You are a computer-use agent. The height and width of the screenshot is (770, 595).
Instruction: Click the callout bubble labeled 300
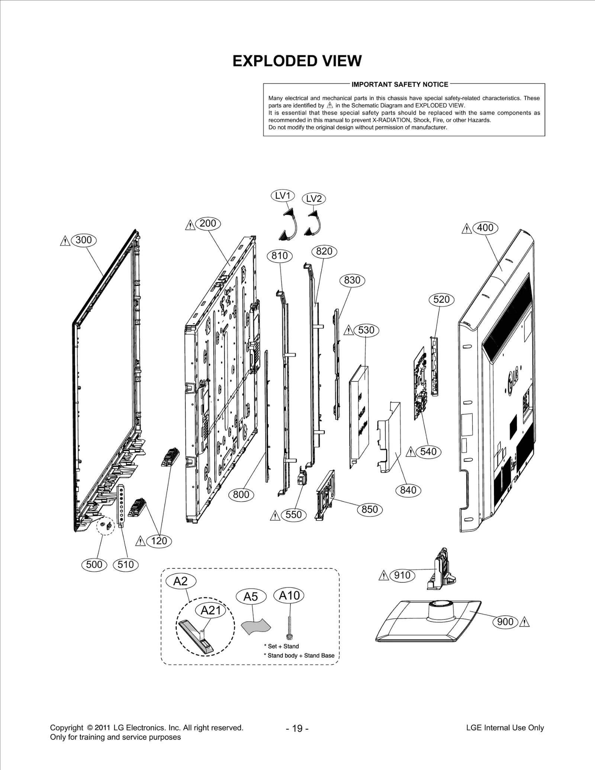[x=83, y=240]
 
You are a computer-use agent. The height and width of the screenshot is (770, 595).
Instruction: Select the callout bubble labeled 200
[x=208, y=223]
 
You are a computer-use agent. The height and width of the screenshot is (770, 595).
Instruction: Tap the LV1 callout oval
[x=283, y=196]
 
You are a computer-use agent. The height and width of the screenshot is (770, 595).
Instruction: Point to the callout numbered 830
[x=352, y=280]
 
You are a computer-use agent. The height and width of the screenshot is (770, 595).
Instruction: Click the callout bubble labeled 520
[x=441, y=299]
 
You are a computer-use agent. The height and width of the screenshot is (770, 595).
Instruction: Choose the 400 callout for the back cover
[x=485, y=228]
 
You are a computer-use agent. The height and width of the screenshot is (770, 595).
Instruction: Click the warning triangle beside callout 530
[x=348, y=330]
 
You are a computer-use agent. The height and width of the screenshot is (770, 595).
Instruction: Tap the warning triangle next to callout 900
[x=524, y=622]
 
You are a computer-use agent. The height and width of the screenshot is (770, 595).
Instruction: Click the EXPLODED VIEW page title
[x=297, y=61]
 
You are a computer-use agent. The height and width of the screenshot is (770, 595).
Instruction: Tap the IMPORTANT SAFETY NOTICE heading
[x=400, y=84]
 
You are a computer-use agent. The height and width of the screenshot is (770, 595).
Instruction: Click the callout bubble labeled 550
[x=293, y=515]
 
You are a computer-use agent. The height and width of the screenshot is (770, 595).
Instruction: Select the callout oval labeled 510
[x=126, y=564]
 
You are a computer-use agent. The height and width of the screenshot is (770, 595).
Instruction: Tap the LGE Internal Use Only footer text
[x=505, y=728]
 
